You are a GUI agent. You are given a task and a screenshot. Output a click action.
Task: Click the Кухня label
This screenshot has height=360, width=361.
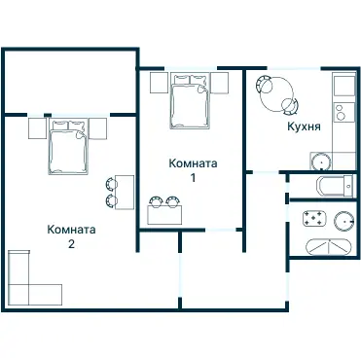click(304, 126)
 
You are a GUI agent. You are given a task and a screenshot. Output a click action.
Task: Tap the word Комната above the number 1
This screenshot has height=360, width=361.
click(193, 163)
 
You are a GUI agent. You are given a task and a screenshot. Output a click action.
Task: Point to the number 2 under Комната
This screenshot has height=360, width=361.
click(71, 243)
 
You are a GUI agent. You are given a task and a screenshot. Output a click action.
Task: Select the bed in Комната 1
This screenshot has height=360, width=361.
click(189, 101)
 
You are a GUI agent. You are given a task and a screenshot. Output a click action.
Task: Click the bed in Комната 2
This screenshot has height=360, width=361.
click(68, 147)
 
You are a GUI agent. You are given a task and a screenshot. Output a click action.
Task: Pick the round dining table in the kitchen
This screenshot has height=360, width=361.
click(277, 94)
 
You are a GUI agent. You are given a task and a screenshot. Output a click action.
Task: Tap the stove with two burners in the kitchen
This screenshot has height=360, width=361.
click(343, 112)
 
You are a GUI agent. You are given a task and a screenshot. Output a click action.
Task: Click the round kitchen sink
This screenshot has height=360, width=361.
click(321, 162)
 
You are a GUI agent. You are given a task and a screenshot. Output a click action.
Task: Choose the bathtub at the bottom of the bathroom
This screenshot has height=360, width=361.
click(329, 247)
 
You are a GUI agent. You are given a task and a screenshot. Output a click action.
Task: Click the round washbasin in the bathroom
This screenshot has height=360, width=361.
click(344, 221)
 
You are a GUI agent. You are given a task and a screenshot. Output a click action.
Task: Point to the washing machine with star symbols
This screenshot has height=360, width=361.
click(314, 218)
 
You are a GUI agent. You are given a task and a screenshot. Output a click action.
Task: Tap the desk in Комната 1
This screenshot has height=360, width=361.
click(164, 215)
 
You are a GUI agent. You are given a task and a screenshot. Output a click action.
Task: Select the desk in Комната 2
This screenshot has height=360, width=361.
click(125, 193)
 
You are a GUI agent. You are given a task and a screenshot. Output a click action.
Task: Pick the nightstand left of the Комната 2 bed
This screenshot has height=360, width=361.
click(37, 128)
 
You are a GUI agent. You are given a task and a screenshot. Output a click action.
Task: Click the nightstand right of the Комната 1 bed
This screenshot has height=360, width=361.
click(220, 83)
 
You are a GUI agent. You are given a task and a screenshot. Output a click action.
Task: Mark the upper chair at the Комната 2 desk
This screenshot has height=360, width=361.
click(111, 184)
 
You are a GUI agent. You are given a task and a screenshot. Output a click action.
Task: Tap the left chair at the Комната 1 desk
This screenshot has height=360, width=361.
click(156, 201)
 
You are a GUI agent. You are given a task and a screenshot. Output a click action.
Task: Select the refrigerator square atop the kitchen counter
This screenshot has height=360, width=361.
click(344, 86)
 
